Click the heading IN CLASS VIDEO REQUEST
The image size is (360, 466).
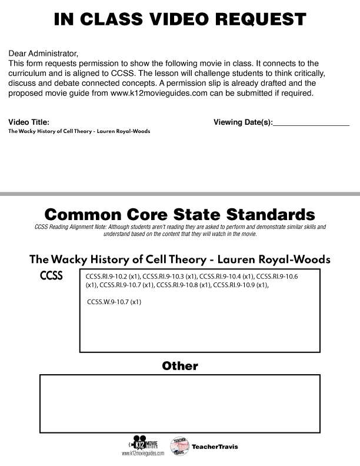[x=180, y=19]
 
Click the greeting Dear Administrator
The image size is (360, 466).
[x=44, y=54]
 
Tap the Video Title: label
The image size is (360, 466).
[x=29, y=122]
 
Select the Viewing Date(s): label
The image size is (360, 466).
[x=243, y=122]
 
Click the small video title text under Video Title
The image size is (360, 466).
[x=79, y=132]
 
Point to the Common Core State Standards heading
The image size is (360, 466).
[x=180, y=213]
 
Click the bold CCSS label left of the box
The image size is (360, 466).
[x=51, y=276]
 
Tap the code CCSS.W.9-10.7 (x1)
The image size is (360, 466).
[x=114, y=302]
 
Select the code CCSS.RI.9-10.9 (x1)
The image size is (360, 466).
[x=241, y=285]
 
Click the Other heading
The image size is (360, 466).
[x=180, y=366]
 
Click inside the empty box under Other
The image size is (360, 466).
[x=180, y=403]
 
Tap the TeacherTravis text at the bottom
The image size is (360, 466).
[x=215, y=447]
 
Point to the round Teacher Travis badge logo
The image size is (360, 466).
[x=179, y=445]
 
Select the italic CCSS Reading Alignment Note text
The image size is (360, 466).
[x=180, y=229]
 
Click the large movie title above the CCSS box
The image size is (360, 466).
[x=180, y=259]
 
